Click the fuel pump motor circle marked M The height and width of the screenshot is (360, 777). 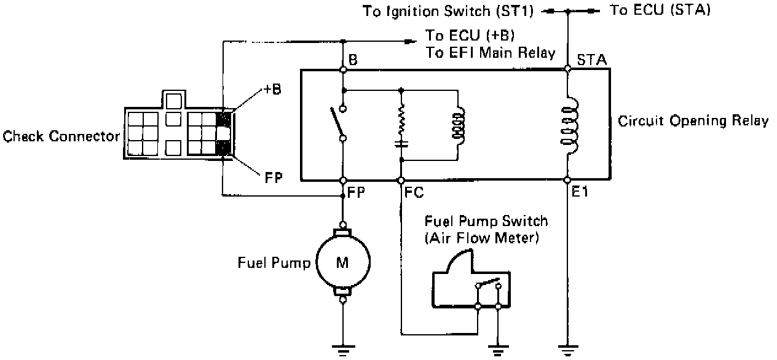click(x=342, y=264)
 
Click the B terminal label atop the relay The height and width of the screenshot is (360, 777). click(x=353, y=60)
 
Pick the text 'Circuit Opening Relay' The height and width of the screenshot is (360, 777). click(x=693, y=120)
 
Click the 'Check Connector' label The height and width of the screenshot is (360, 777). click(x=61, y=136)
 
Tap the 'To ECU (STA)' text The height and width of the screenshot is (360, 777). click(x=659, y=10)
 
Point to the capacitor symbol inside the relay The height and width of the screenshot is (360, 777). click(x=401, y=145)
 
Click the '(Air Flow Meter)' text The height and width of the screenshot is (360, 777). click(x=481, y=238)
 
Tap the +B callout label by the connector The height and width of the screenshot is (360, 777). click(x=272, y=89)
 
